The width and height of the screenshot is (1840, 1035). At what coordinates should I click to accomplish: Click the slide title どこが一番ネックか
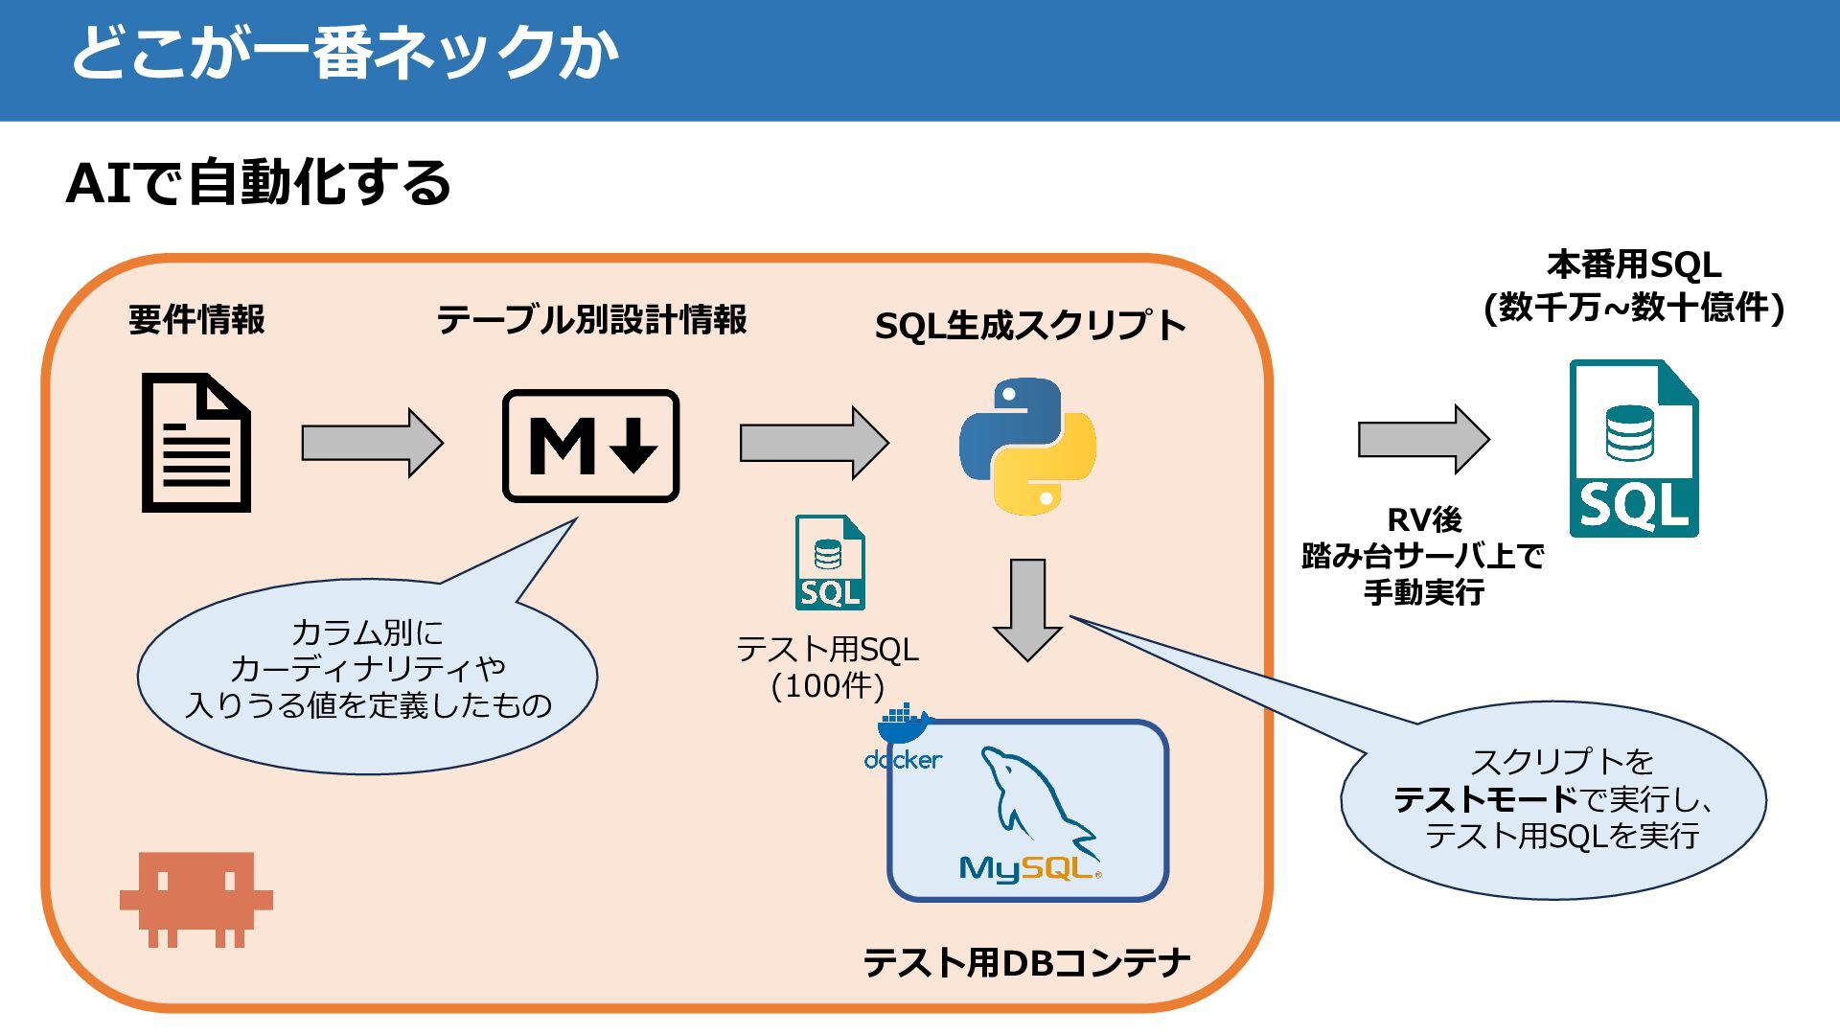(345, 53)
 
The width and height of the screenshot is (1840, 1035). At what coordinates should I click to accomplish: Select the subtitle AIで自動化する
(258, 182)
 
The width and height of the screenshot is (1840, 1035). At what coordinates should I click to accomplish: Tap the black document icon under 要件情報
(196, 443)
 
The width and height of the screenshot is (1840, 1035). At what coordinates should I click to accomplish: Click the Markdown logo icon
(591, 446)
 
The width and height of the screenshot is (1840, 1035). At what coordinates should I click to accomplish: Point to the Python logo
(1027, 447)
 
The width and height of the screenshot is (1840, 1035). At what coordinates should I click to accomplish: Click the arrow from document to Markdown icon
(373, 443)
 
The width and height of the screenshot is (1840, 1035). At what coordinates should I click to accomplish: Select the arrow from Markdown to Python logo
(815, 443)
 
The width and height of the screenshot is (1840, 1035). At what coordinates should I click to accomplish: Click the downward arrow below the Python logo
(1027, 610)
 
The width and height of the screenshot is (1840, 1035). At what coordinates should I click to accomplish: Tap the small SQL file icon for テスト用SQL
(830, 563)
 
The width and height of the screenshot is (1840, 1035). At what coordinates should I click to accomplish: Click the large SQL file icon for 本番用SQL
(1634, 448)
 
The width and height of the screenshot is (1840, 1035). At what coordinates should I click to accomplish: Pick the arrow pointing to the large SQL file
(1424, 439)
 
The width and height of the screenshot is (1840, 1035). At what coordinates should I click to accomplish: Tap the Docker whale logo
(903, 738)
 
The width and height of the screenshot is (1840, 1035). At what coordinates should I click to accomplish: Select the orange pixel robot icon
(196, 899)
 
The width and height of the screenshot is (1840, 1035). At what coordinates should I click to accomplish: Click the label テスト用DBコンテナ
(1026, 962)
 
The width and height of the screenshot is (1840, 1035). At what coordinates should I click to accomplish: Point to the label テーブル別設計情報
(591, 320)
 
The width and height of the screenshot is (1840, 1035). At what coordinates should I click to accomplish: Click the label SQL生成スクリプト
(1030, 326)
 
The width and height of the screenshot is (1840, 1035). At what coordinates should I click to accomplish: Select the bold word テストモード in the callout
(1485, 799)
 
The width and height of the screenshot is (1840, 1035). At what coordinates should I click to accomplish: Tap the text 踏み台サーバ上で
(1423, 556)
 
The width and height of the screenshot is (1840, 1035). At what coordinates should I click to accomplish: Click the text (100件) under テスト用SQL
(828, 686)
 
